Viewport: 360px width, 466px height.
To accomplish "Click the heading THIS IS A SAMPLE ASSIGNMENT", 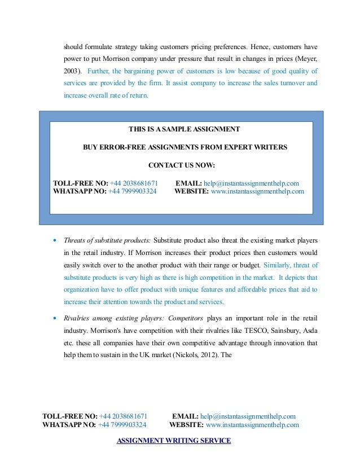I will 184,129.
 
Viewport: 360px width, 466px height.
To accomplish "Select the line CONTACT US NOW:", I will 181,165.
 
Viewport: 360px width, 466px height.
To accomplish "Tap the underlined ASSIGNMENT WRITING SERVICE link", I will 173,441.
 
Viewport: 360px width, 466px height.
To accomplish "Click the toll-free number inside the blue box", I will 134,183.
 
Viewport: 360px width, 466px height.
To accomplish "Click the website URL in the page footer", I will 252,425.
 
